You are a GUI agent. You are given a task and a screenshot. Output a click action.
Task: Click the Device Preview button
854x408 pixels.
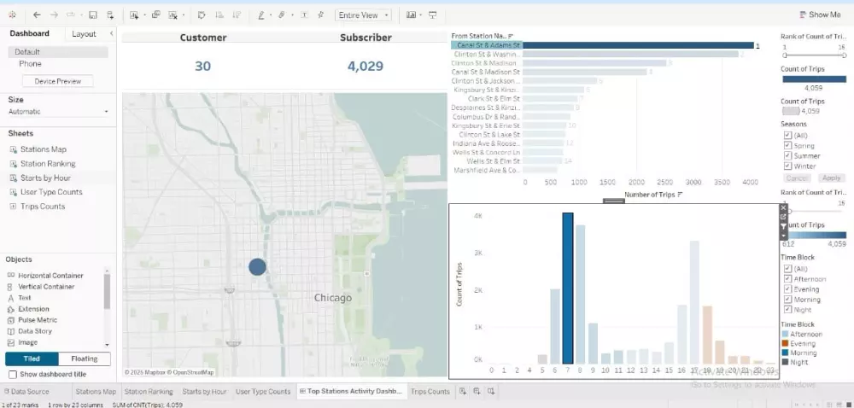(x=58, y=81)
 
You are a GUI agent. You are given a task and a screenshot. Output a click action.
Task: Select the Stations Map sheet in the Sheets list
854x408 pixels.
(x=43, y=149)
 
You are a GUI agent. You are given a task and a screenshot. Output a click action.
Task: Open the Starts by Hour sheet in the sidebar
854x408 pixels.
(x=45, y=178)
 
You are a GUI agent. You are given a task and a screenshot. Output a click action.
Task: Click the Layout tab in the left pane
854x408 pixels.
(x=84, y=33)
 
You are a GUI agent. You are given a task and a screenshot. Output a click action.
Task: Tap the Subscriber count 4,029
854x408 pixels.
(x=365, y=66)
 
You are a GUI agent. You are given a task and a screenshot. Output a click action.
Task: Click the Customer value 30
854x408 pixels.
(x=202, y=66)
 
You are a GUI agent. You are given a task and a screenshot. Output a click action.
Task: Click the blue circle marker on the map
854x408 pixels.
(x=257, y=266)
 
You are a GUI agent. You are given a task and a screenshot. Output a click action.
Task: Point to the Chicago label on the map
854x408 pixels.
(x=332, y=298)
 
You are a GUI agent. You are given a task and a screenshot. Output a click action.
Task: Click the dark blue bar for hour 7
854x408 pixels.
(x=567, y=288)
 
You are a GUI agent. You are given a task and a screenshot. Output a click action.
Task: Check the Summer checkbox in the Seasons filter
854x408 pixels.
(x=788, y=155)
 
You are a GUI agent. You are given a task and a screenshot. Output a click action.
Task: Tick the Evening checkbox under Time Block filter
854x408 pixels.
(x=788, y=289)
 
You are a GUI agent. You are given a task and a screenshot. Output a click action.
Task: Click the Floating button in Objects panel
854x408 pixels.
(x=85, y=358)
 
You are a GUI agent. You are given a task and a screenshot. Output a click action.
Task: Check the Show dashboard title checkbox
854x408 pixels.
(x=12, y=374)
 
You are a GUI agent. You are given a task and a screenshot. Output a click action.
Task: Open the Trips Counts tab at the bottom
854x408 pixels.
(x=430, y=392)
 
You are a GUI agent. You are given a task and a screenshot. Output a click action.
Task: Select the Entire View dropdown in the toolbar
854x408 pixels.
(x=363, y=15)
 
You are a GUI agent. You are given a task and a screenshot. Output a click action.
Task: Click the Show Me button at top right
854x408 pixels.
(x=819, y=15)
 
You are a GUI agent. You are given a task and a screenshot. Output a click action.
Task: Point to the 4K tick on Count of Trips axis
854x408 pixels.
(x=478, y=216)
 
